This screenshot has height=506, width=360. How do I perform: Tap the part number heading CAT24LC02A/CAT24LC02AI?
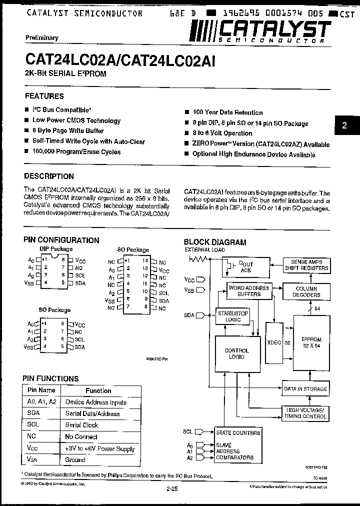pos(120,60)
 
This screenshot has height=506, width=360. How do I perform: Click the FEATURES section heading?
pos(44,96)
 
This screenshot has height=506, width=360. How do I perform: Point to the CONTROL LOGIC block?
pos(236,353)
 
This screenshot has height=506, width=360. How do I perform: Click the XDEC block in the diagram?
pos(274,342)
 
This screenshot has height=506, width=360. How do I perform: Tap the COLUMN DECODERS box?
pos(306,291)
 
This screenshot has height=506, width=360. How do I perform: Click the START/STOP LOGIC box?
pos(233,316)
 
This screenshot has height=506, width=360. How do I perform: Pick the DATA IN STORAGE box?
pos(305,388)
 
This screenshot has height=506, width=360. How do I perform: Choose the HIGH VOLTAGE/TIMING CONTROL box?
pos(305,412)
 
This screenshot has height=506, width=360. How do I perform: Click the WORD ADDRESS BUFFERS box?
pos(248,291)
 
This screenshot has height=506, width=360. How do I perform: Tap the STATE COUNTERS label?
pos(238,432)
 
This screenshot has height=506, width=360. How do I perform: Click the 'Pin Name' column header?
pos(41,390)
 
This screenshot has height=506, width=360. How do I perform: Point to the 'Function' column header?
pos(98,390)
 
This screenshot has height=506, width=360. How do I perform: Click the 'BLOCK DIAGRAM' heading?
pos(215,242)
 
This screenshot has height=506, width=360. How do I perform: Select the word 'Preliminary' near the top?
pos(42,37)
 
